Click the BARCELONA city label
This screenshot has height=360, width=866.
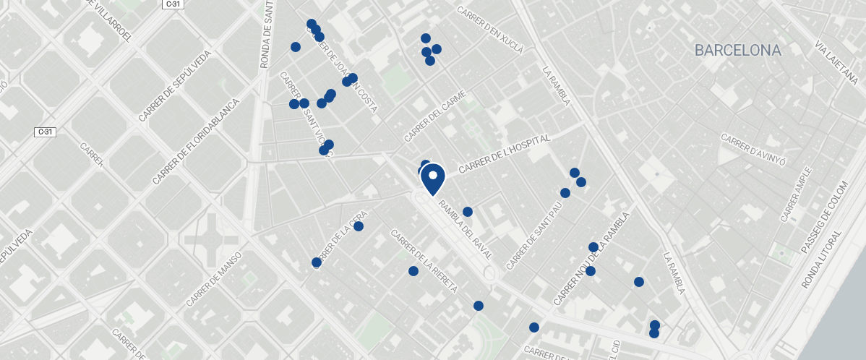coord(737,51)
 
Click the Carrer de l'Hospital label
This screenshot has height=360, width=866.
coord(504,154)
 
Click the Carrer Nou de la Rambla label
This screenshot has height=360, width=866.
coord(592,259)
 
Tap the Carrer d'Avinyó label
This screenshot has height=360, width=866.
coord(753,146)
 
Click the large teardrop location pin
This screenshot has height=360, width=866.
coord(432,178)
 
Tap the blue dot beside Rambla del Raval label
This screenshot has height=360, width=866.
coord(468,212)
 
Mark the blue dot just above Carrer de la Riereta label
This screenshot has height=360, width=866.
coord(413,271)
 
